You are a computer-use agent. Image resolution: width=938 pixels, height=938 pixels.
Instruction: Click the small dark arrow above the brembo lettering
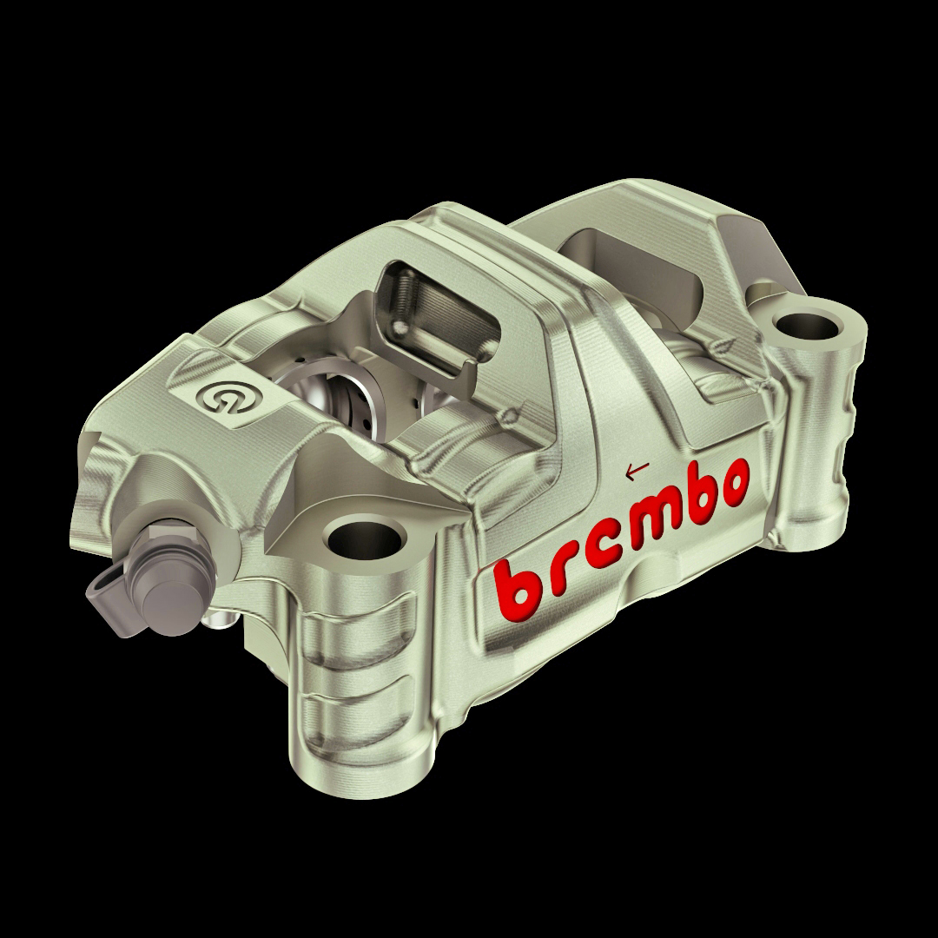[x=637, y=472]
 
